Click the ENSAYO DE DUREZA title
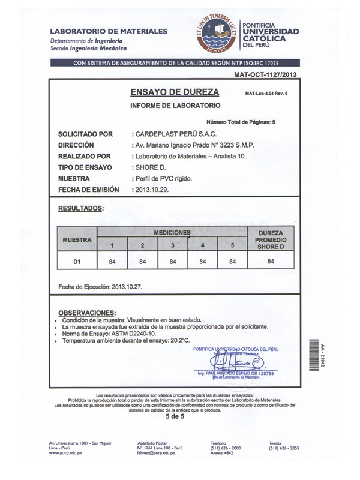click(175, 92)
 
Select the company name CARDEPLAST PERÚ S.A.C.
click(175, 134)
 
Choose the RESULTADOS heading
click(80, 209)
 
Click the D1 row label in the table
click(76, 261)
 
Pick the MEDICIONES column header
click(172, 232)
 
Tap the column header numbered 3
click(172, 245)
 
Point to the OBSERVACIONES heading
click(86, 313)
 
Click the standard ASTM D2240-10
click(132, 334)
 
